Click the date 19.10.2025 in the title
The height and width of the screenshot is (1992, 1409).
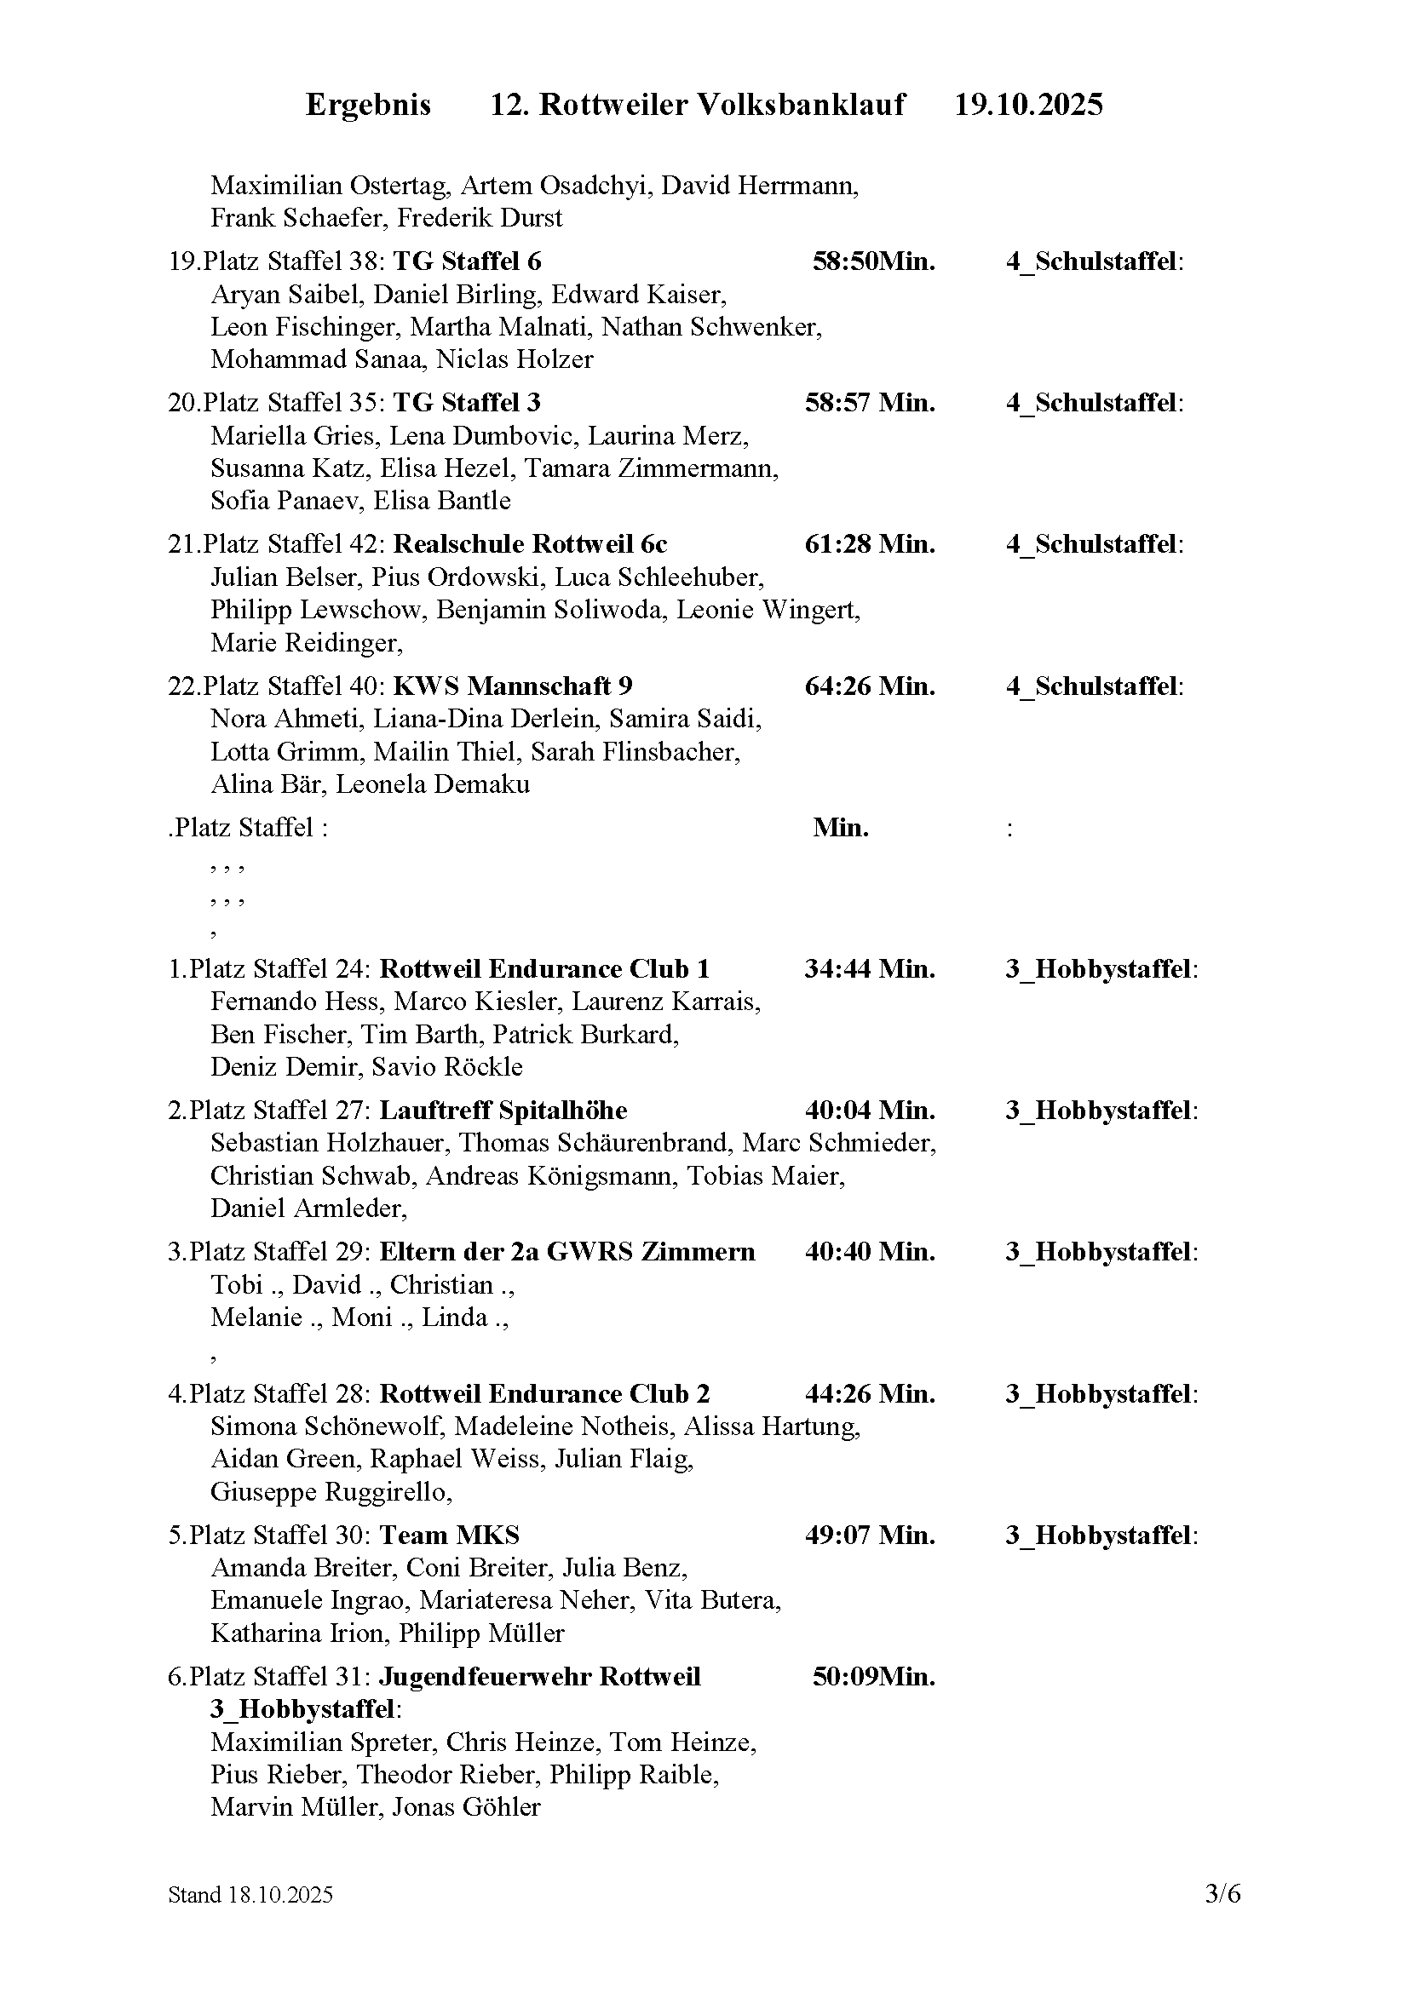click(x=1028, y=105)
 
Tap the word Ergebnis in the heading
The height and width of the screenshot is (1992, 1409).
click(x=368, y=105)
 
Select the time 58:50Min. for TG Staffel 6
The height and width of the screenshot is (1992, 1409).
click(x=873, y=261)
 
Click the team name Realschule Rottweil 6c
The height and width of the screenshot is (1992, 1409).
click(x=530, y=544)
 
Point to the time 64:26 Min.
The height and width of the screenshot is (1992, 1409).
click(x=870, y=686)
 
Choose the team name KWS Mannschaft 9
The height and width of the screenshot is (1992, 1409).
click(x=513, y=686)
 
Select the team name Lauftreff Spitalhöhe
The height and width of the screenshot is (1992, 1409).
click(x=503, y=1111)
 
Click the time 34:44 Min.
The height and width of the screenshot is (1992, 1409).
click(x=870, y=969)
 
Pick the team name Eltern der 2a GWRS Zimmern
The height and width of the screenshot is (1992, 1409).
click(x=567, y=1252)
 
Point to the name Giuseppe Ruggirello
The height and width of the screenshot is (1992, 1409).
click(x=330, y=1492)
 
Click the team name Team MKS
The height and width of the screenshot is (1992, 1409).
click(x=450, y=1536)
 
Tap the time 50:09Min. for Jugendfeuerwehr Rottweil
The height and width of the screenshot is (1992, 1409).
click(x=873, y=1677)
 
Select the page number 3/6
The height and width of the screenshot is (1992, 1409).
click(x=1222, y=1918)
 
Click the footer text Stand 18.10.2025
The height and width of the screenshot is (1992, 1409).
click(x=250, y=1919)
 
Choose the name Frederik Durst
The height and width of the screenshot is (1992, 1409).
click(x=480, y=218)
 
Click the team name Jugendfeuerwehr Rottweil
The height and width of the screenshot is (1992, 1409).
click(x=539, y=1677)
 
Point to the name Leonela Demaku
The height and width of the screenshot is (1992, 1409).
click(x=432, y=784)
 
